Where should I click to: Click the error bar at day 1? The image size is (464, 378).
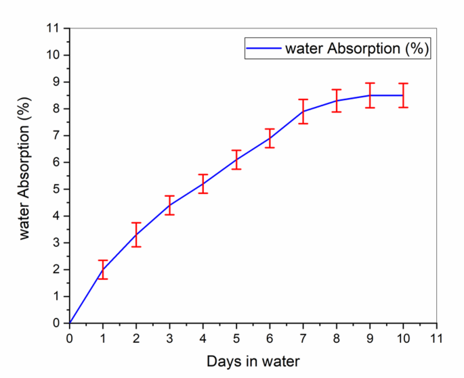pyautogui.click(x=103, y=269)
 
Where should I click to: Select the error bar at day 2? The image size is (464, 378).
pyautogui.click(x=136, y=235)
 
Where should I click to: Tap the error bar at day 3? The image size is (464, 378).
pyautogui.click(x=169, y=205)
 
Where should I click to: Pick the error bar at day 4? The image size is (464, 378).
pyautogui.click(x=203, y=183)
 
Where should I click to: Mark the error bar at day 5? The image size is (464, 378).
pyautogui.click(x=236, y=160)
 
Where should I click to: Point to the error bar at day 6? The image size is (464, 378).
pyautogui.click(x=270, y=138)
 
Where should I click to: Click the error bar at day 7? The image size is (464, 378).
pyautogui.click(x=303, y=112)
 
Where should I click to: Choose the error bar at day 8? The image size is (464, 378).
pyautogui.click(x=337, y=101)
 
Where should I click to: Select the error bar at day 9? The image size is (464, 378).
pyautogui.click(x=370, y=95)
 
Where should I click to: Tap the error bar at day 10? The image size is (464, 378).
pyautogui.click(x=404, y=95)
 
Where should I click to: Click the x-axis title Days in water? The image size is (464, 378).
pyautogui.click(x=253, y=360)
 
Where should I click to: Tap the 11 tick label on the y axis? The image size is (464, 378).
pyautogui.click(x=54, y=28)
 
